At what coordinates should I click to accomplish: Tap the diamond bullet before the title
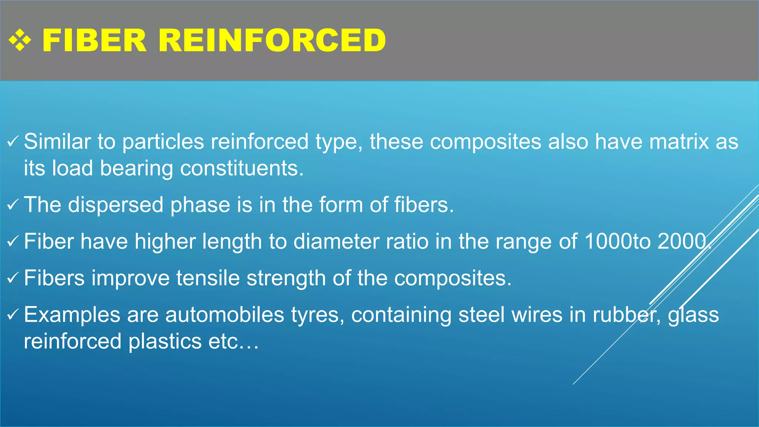(x=20, y=40)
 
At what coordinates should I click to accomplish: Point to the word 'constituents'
(x=241, y=169)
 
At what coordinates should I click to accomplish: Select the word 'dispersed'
(x=115, y=205)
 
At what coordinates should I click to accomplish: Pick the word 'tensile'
(x=208, y=278)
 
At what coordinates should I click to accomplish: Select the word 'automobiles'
(x=225, y=315)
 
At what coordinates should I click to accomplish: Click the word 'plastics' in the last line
(x=165, y=341)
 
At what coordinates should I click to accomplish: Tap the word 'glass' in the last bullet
(x=693, y=315)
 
